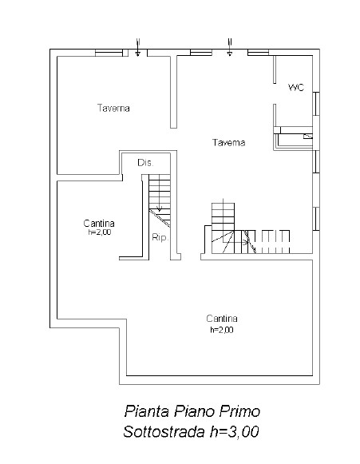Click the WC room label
[296, 87]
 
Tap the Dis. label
[145, 163]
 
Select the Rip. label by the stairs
[160, 237]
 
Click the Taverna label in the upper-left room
[113, 108]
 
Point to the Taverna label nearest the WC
[228, 143]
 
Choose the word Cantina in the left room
[99, 223]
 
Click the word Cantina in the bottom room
[222, 319]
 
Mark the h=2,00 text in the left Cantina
[100, 232]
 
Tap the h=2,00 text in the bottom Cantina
[222, 329]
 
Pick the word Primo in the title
[239, 411]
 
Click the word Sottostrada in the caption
[164, 432]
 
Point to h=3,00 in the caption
[235, 432]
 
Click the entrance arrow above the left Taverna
[137, 47]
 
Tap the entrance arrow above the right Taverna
[230, 47]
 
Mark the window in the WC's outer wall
[316, 104]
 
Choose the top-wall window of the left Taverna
[109, 53]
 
